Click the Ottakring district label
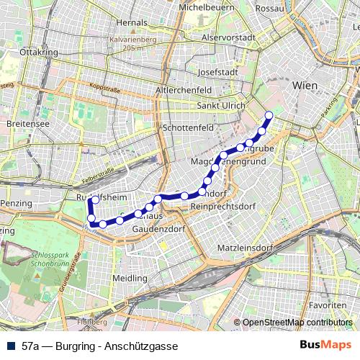39,53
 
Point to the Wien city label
305,85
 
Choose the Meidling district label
130,277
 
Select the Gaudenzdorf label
161,228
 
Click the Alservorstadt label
229,37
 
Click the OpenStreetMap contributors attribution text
297,323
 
